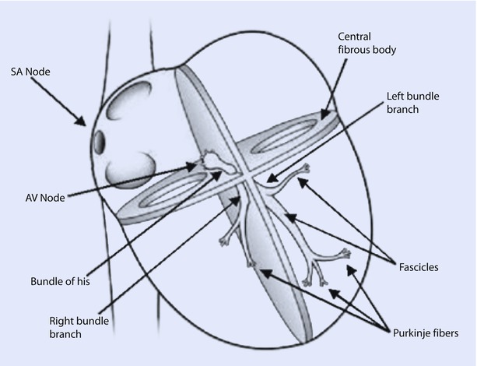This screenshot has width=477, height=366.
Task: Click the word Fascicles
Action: (417, 266)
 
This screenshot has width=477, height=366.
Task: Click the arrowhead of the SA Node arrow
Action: (86, 123)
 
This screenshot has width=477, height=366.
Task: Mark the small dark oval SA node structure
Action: (100, 143)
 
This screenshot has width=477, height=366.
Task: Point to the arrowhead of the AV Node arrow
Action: (195, 165)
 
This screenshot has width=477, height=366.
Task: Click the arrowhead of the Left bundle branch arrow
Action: (267, 181)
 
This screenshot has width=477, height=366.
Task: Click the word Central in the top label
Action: (355, 37)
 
